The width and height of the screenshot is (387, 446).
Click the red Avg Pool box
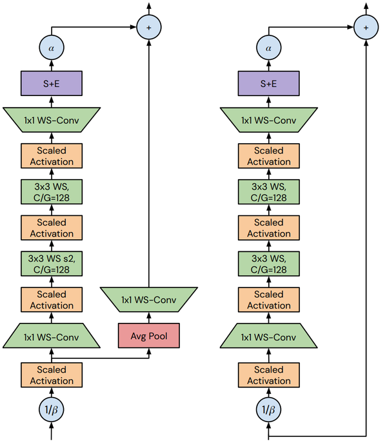(x=149, y=336)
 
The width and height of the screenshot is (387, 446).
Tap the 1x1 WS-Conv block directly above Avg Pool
(x=149, y=300)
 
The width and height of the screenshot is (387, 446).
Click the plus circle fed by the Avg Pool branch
(x=149, y=27)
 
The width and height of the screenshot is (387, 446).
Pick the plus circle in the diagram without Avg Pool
(x=366, y=27)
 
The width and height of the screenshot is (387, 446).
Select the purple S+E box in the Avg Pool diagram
(x=52, y=82)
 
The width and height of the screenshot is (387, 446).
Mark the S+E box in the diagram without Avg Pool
(x=269, y=82)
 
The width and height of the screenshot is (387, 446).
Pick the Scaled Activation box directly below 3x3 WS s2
(x=52, y=300)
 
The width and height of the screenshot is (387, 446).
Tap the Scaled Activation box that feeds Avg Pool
(x=52, y=375)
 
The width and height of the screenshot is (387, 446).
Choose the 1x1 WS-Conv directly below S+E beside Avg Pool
(x=52, y=120)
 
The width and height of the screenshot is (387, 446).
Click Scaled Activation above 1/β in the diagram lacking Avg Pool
(x=269, y=375)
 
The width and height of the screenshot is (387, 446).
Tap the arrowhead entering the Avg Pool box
(x=149, y=351)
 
